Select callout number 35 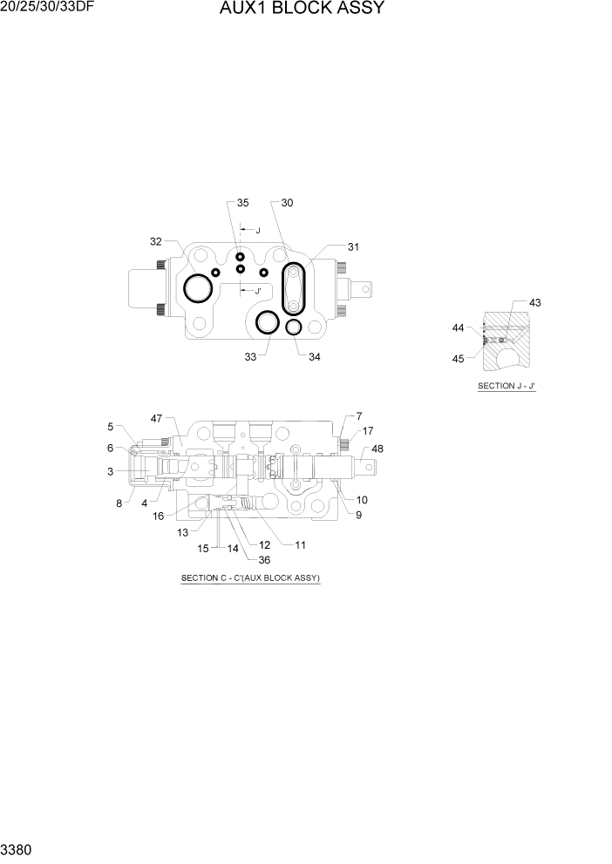242,203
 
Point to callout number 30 287,203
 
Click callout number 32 156,241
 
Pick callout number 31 353,246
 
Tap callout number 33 251,356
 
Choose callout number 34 315,356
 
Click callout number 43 534,302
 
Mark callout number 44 458,327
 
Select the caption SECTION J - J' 506,385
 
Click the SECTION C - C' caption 250,578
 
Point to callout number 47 156,419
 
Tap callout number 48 377,449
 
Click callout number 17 367,430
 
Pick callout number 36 263,560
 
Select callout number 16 159,516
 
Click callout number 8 119,502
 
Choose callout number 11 300,545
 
